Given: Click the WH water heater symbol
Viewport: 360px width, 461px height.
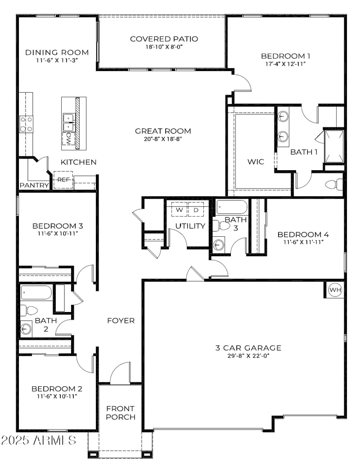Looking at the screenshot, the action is pyautogui.click(x=335, y=290).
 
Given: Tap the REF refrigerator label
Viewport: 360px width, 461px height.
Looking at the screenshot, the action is pyautogui.click(x=63, y=179).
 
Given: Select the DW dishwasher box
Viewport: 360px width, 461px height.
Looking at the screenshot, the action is pyautogui.click(x=68, y=139).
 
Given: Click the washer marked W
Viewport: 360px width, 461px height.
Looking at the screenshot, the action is pyautogui.click(x=179, y=210).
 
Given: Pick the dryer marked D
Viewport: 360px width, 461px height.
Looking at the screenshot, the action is pyautogui.click(x=196, y=210).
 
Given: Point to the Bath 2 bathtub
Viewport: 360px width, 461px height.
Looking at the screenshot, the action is pyautogui.click(x=36, y=293).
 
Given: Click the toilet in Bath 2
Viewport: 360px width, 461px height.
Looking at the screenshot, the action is pyautogui.click(x=29, y=310).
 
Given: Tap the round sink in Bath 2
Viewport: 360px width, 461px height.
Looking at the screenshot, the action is pyautogui.click(x=26, y=328).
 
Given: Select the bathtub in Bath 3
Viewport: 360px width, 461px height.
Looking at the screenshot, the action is pyautogui.click(x=232, y=207).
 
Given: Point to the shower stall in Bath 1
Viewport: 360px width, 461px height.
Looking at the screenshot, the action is pyautogui.click(x=334, y=146).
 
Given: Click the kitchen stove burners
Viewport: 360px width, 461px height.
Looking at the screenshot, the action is pyautogui.click(x=26, y=124).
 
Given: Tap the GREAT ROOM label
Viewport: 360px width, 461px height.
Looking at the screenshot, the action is pyautogui.click(x=163, y=131).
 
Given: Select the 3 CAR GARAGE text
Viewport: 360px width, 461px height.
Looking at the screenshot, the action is pyautogui.click(x=248, y=348).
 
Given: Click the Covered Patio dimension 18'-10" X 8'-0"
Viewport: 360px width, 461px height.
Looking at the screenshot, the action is pyautogui.click(x=164, y=46).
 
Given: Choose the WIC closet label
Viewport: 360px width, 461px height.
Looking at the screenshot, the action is pyautogui.click(x=256, y=162).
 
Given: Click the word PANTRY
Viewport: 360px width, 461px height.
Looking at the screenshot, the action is pyautogui.click(x=34, y=185).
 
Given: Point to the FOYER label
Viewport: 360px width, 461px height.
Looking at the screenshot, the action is pyautogui.click(x=121, y=321).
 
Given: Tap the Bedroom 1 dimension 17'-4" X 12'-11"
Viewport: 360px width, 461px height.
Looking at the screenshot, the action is pyautogui.click(x=286, y=64).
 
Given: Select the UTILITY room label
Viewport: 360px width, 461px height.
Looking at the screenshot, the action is pyautogui.click(x=190, y=226).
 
